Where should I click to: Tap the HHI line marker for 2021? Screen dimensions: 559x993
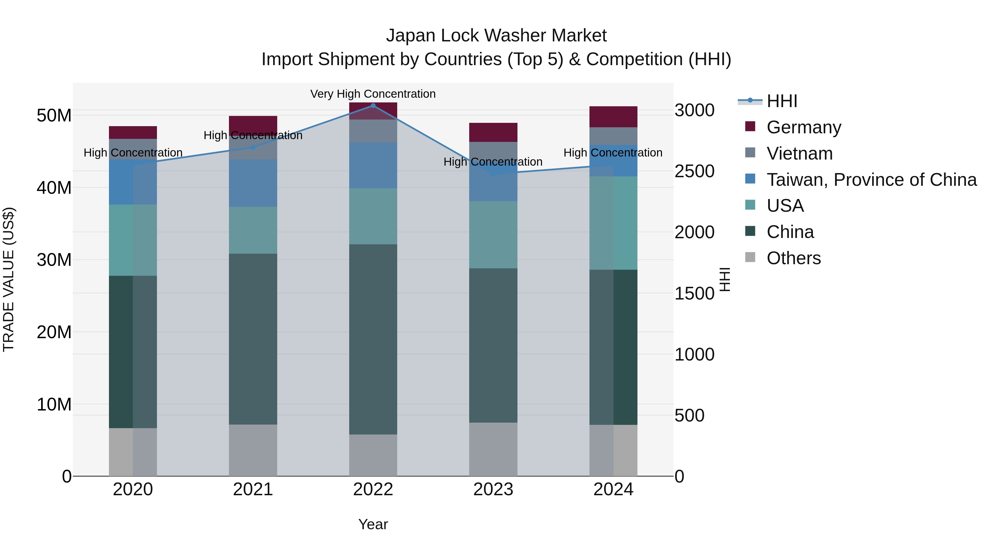(x=253, y=147)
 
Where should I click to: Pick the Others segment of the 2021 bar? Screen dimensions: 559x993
(x=253, y=450)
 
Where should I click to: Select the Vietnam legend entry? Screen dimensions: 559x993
(x=799, y=153)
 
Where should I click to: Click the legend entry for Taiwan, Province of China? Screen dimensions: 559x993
(x=871, y=180)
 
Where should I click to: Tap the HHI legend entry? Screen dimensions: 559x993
(x=782, y=101)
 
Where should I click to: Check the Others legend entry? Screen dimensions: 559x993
(x=793, y=258)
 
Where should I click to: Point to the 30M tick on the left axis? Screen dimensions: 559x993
(x=54, y=260)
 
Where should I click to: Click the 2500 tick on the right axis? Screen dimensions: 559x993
(x=694, y=171)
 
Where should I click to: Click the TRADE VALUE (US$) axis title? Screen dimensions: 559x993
(x=9, y=279)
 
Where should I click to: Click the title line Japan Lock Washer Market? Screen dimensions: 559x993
(x=496, y=36)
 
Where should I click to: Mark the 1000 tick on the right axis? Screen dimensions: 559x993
(x=694, y=354)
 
